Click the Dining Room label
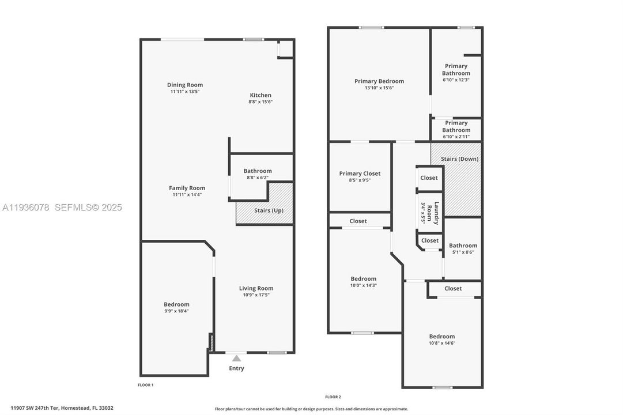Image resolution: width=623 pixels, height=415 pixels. [185, 85]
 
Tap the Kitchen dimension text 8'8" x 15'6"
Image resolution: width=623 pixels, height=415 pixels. [260, 102]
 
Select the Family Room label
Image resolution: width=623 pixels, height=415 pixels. [187, 188]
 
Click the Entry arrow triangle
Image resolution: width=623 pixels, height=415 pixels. [236, 359]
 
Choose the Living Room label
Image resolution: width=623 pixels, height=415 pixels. [256, 288]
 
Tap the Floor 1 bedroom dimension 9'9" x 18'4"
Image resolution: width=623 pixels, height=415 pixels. [176, 311]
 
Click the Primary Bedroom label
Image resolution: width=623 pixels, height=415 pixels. [379, 81]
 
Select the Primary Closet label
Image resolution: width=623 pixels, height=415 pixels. [360, 173]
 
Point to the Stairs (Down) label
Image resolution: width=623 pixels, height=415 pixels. [459, 159]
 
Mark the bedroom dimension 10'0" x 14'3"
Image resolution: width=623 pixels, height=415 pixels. [364, 285]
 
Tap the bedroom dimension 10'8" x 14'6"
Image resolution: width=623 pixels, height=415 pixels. [442, 343]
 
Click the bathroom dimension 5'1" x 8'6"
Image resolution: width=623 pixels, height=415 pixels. [463, 252]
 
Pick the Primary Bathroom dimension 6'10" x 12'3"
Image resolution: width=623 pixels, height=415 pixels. [456, 80]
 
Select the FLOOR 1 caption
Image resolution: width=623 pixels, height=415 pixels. [146, 384]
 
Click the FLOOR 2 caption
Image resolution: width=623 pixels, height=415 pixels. [333, 397]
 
